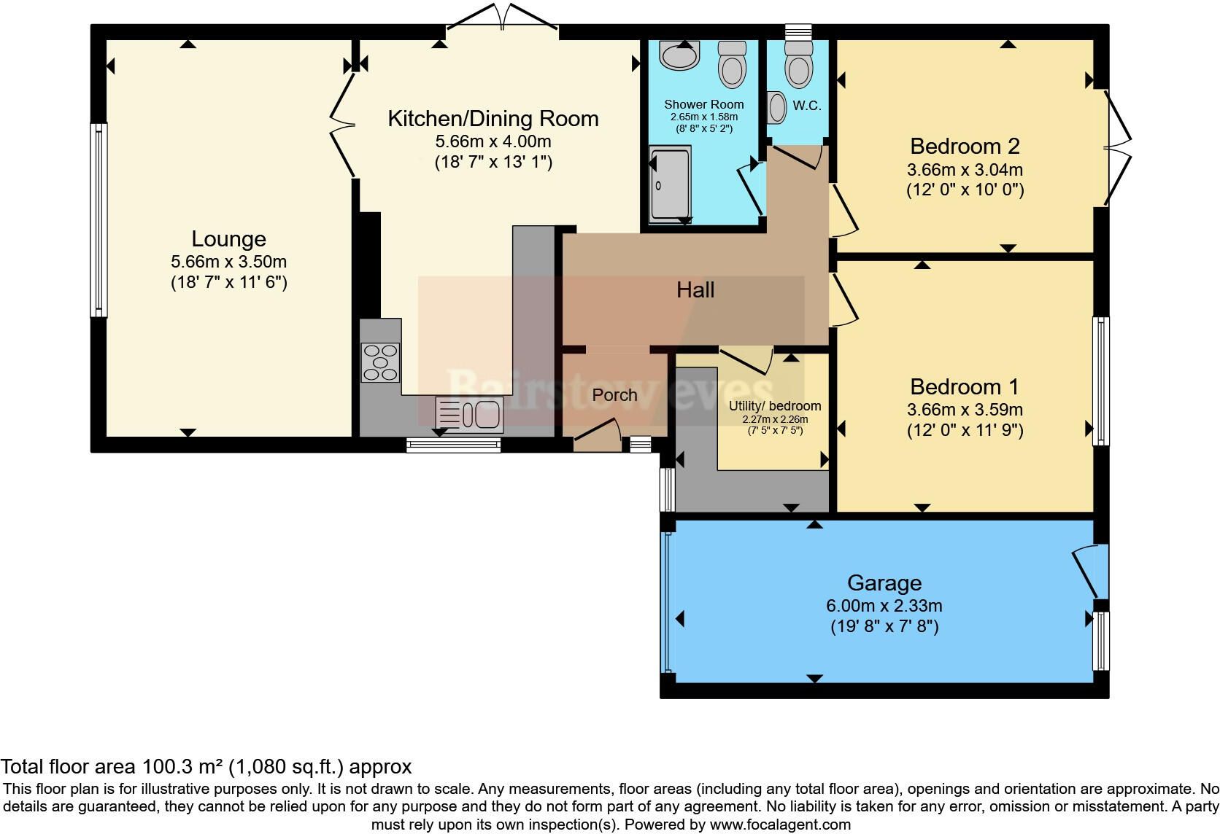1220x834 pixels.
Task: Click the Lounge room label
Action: [229, 239]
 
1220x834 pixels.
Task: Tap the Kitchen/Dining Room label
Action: [493, 119]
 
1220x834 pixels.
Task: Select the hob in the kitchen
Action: [380, 362]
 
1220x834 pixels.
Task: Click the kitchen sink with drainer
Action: [468, 415]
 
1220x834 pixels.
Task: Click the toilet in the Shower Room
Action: [731, 64]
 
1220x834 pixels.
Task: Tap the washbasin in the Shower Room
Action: [679, 55]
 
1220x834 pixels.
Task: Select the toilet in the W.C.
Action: [798, 64]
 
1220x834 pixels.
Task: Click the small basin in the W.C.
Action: [776, 107]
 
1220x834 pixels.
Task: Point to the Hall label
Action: [695, 290]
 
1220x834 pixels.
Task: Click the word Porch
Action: [614, 395]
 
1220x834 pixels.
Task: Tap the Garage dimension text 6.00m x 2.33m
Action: [884, 606]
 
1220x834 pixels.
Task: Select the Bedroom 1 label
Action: [964, 387]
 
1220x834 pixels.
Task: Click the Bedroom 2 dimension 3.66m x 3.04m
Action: [965, 170]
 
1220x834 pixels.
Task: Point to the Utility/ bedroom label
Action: [774, 406]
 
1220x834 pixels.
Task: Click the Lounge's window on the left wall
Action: [98, 219]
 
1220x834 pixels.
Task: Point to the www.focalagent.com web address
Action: [780, 825]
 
